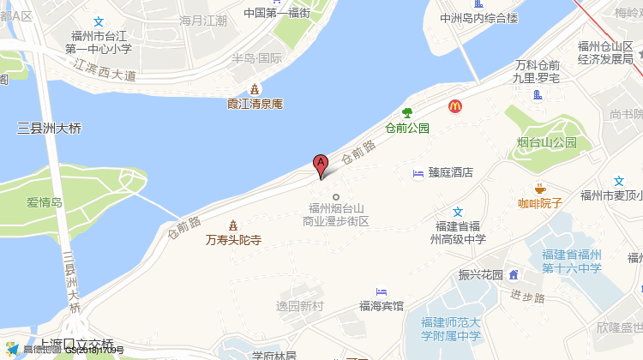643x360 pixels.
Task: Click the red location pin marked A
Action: click(321, 165)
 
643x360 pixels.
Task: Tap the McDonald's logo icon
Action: click(455, 106)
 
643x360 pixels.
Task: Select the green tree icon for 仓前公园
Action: click(407, 112)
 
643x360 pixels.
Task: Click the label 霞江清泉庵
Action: click(255, 104)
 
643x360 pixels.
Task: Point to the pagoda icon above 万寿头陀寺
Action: click(232, 225)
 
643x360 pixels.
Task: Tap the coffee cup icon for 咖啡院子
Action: click(539, 188)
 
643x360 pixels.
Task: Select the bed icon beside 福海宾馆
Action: click(381, 291)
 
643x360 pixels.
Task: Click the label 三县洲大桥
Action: click(50, 129)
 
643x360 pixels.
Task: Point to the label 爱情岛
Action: click(45, 203)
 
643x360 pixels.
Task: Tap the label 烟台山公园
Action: click(547, 141)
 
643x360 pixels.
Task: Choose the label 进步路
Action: click(527, 297)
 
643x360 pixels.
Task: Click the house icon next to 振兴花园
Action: click(514, 274)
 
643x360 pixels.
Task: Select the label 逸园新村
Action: click(301, 306)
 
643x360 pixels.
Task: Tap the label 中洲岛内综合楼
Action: click(479, 17)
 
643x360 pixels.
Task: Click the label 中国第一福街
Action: click(276, 13)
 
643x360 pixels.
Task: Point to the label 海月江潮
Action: click(204, 20)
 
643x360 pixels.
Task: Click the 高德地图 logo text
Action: click(40, 350)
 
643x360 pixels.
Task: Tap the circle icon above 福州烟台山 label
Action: click(336, 197)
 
